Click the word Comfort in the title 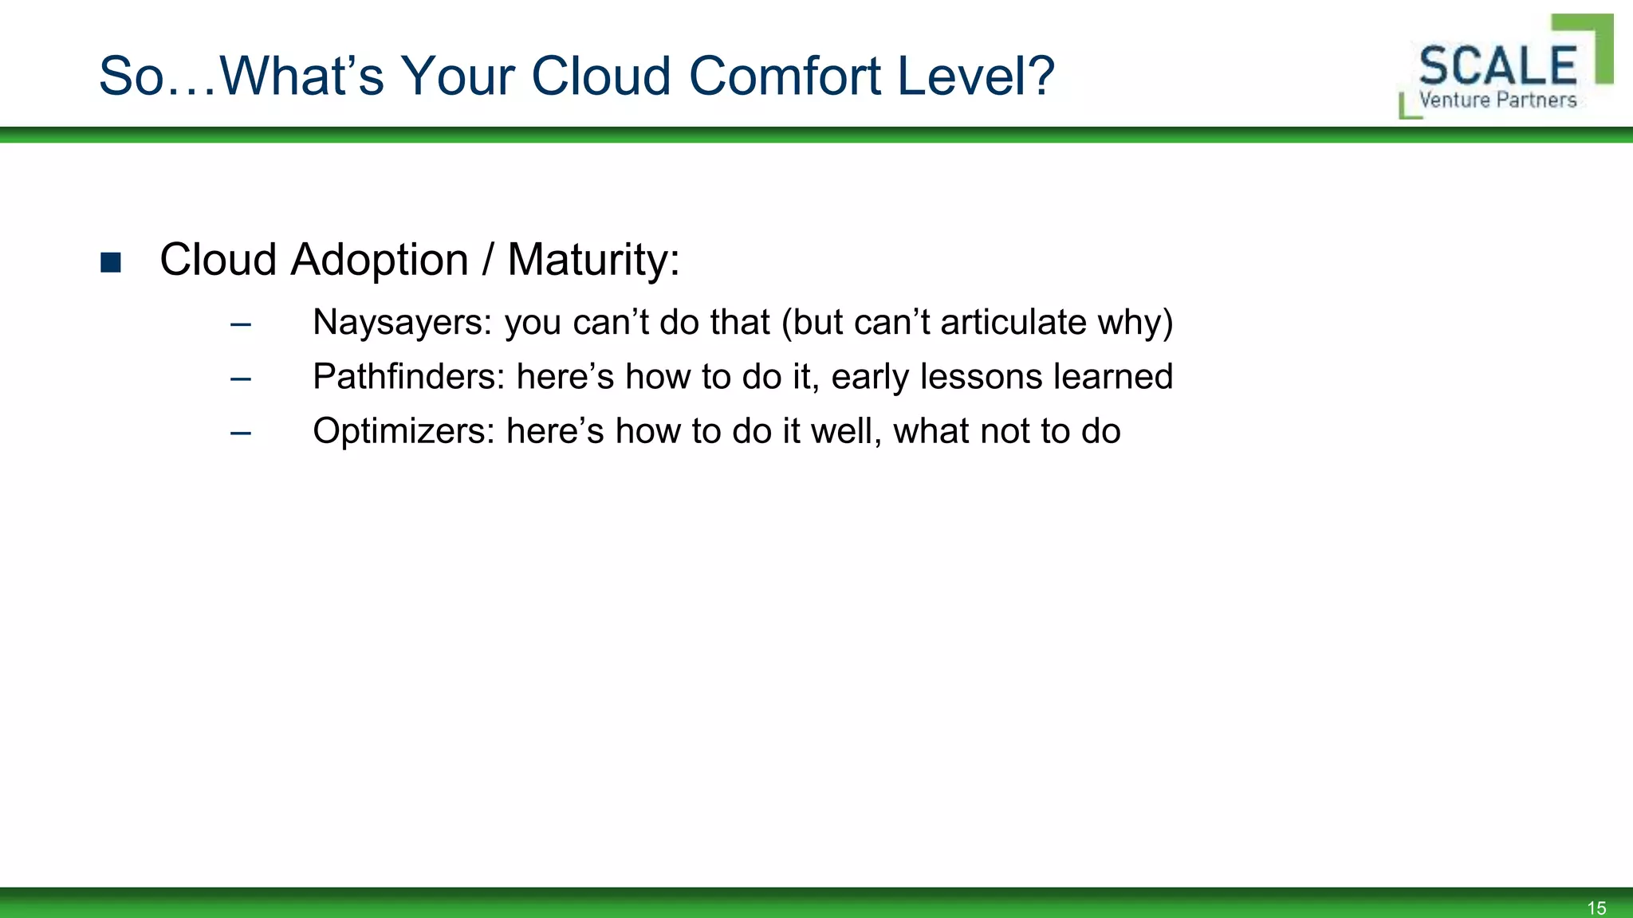pyautogui.click(x=784, y=76)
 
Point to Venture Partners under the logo pyautogui.click(x=1497, y=100)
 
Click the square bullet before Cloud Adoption pyautogui.click(x=111, y=262)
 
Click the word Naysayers pyautogui.click(x=402, y=323)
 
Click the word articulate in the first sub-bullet pyautogui.click(x=1013, y=323)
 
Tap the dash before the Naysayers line pyautogui.click(x=240, y=324)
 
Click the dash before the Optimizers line pyautogui.click(x=240, y=433)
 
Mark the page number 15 pyautogui.click(x=1596, y=908)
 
